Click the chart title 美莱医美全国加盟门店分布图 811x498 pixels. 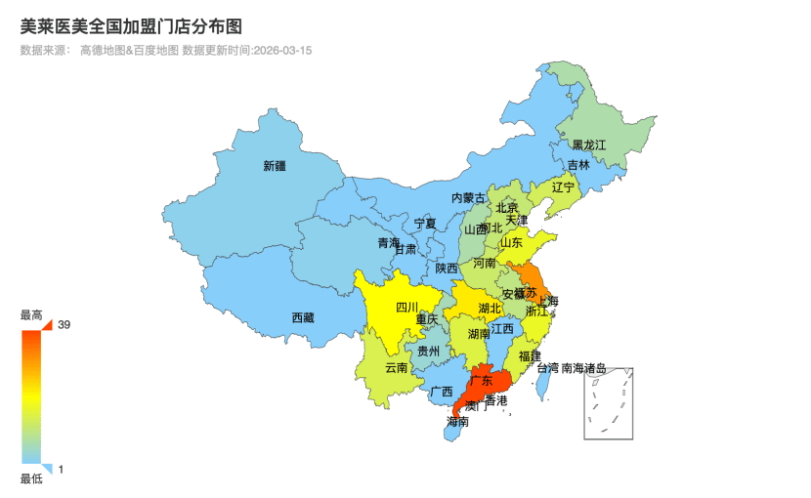(x=130, y=25)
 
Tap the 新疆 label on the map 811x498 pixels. (x=275, y=166)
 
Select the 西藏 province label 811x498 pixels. (x=303, y=317)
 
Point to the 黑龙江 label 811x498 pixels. (x=589, y=145)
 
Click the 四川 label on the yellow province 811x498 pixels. (x=407, y=308)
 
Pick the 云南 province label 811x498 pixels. (x=397, y=368)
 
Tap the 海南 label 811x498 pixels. (x=457, y=422)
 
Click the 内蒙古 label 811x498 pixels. (x=468, y=198)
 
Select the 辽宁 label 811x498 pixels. (x=564, y=187)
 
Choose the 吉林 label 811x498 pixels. (x=578, y=165)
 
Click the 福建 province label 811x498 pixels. (x=531, y=355)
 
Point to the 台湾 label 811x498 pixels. (x=548, y=368)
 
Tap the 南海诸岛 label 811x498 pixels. (x=584, y=368)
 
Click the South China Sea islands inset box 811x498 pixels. (x=609, y=404)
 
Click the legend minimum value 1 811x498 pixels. (x=61, y=470)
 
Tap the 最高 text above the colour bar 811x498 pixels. (x=31, y=315)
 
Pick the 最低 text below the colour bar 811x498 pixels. (x=31, y=478)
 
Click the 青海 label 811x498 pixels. (x=389, y=242)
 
